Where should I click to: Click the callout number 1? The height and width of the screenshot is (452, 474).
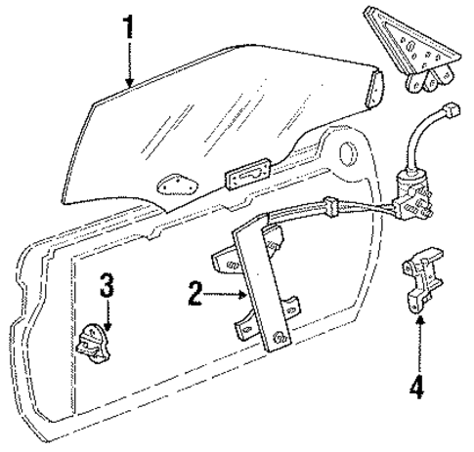coord(129,26)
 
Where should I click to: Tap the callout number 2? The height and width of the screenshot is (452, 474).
coord(195,294)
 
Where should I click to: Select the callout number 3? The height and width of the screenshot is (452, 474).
coord(107,285)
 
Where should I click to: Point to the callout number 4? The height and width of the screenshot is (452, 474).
coord(417,387)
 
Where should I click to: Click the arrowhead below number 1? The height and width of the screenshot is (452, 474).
coord(130,83)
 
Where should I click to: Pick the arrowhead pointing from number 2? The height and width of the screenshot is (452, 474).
coord(242,295)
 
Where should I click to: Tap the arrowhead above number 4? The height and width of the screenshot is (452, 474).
coord(420,320)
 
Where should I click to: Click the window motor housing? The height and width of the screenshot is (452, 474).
coord(413,194)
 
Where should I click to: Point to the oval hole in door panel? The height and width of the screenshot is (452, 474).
coord(348,153)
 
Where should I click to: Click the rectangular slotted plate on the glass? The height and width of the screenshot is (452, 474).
coord(248,175)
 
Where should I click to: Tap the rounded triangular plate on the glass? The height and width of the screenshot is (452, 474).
coord(177,185)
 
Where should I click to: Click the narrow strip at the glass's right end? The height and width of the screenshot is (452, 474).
coord(374,89)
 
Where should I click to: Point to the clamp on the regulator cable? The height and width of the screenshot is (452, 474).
coord(331,206)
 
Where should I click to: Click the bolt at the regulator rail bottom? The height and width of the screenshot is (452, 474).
coord(280,338)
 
